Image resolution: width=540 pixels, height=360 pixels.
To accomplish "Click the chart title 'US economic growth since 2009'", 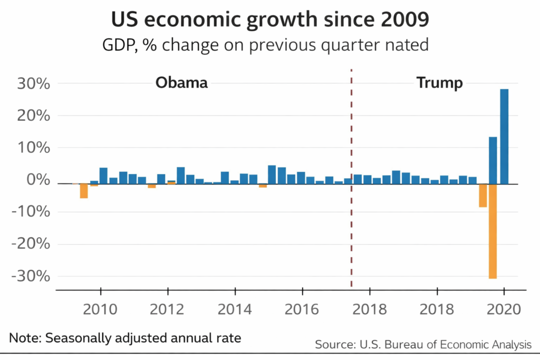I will tap(269, 20).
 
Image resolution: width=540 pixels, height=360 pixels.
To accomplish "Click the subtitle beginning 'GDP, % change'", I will tap(265, 45).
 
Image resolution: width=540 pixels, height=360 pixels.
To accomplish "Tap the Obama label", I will tap(181, 83).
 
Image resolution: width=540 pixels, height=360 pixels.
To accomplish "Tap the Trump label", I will tap(439, 83).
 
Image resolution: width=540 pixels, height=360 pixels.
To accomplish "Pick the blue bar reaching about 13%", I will tap(493, 160).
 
